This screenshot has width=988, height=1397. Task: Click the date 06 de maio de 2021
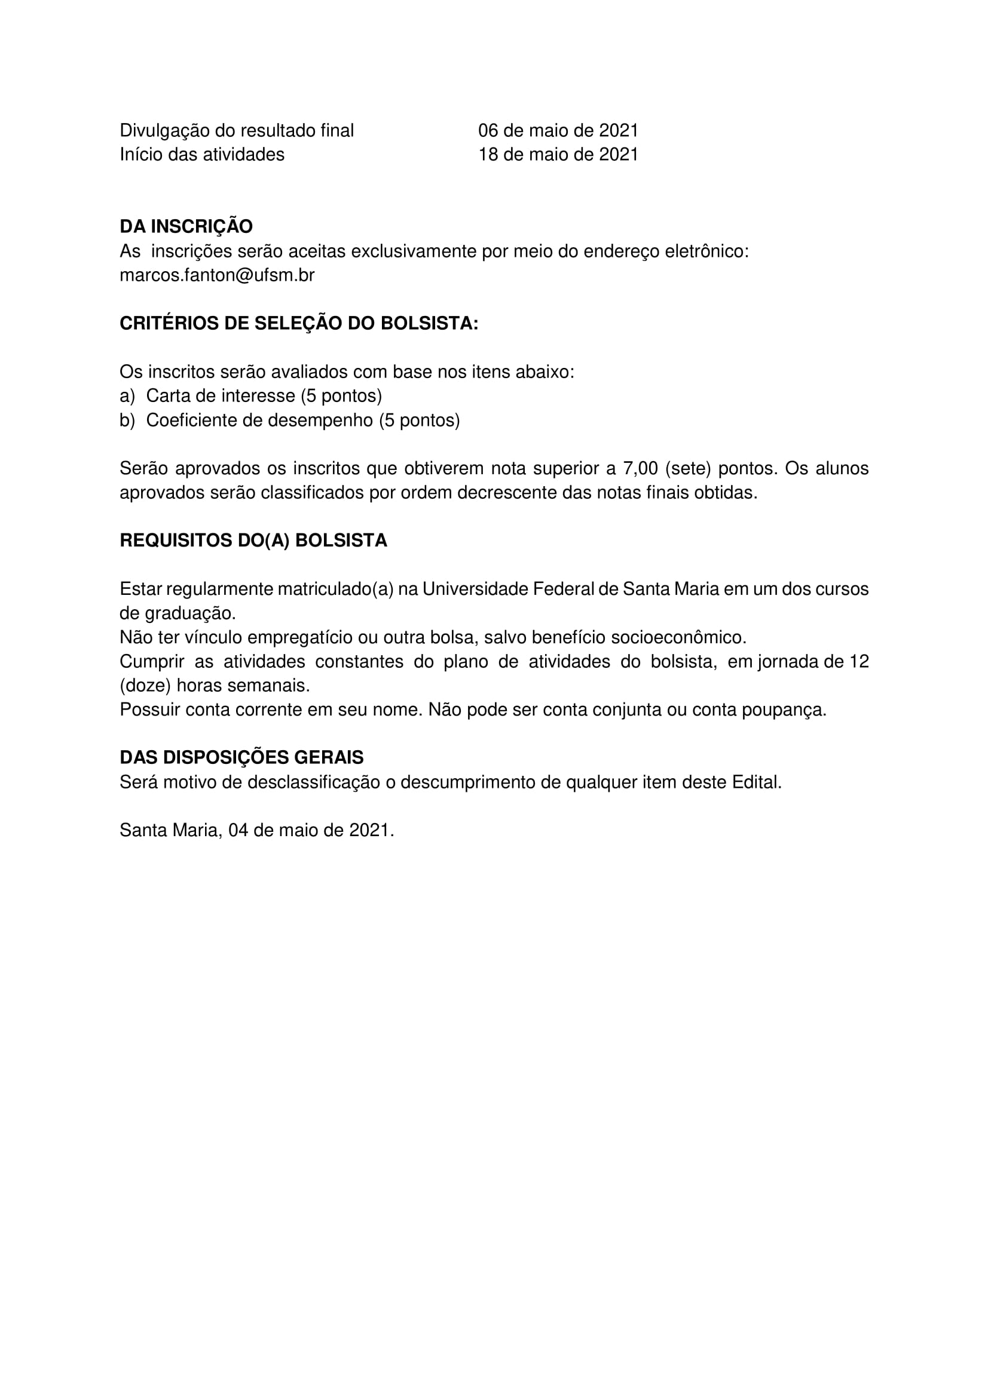(x=558, y=131)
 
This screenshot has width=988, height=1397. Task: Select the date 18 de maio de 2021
(x=558, y=155)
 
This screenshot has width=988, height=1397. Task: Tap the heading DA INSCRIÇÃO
(x=186, y=226)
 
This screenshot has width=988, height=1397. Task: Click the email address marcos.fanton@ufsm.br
(x=217, y=275)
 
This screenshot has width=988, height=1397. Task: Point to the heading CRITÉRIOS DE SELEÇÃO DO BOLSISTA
(x=298, y=323)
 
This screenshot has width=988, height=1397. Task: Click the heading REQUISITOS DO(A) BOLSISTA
(x=253, y=541)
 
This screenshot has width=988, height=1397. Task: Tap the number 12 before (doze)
(x=858, y=661)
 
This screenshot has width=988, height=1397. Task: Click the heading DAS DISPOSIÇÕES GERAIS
(x=241, y=757)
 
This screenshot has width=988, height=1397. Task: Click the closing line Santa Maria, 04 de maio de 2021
(x=257, y=830)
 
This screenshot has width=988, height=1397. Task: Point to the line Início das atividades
(x=201, y=155)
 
